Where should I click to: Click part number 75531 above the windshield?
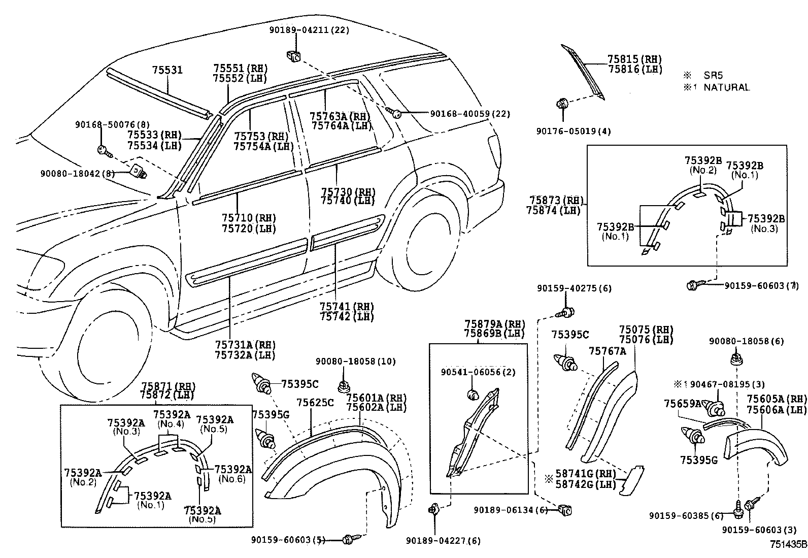tap(167, 70)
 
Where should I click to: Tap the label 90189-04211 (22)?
tap(309, 30)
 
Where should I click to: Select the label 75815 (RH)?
tap(635, 59)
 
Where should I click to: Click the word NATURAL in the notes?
tap(726, 87)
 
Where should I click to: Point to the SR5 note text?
tap(712, 75)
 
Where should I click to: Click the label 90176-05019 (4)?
tap(574, 131)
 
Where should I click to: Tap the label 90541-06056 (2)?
tap(478, 372)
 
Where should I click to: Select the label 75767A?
tap(607, 351)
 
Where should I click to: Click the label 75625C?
tap(315, 403)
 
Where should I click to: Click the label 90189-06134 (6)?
tap(511, 509)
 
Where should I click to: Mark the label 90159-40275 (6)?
tap(574, 288)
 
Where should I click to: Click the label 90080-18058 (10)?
tap(355, 362)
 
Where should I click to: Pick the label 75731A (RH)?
tap(245, 345)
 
